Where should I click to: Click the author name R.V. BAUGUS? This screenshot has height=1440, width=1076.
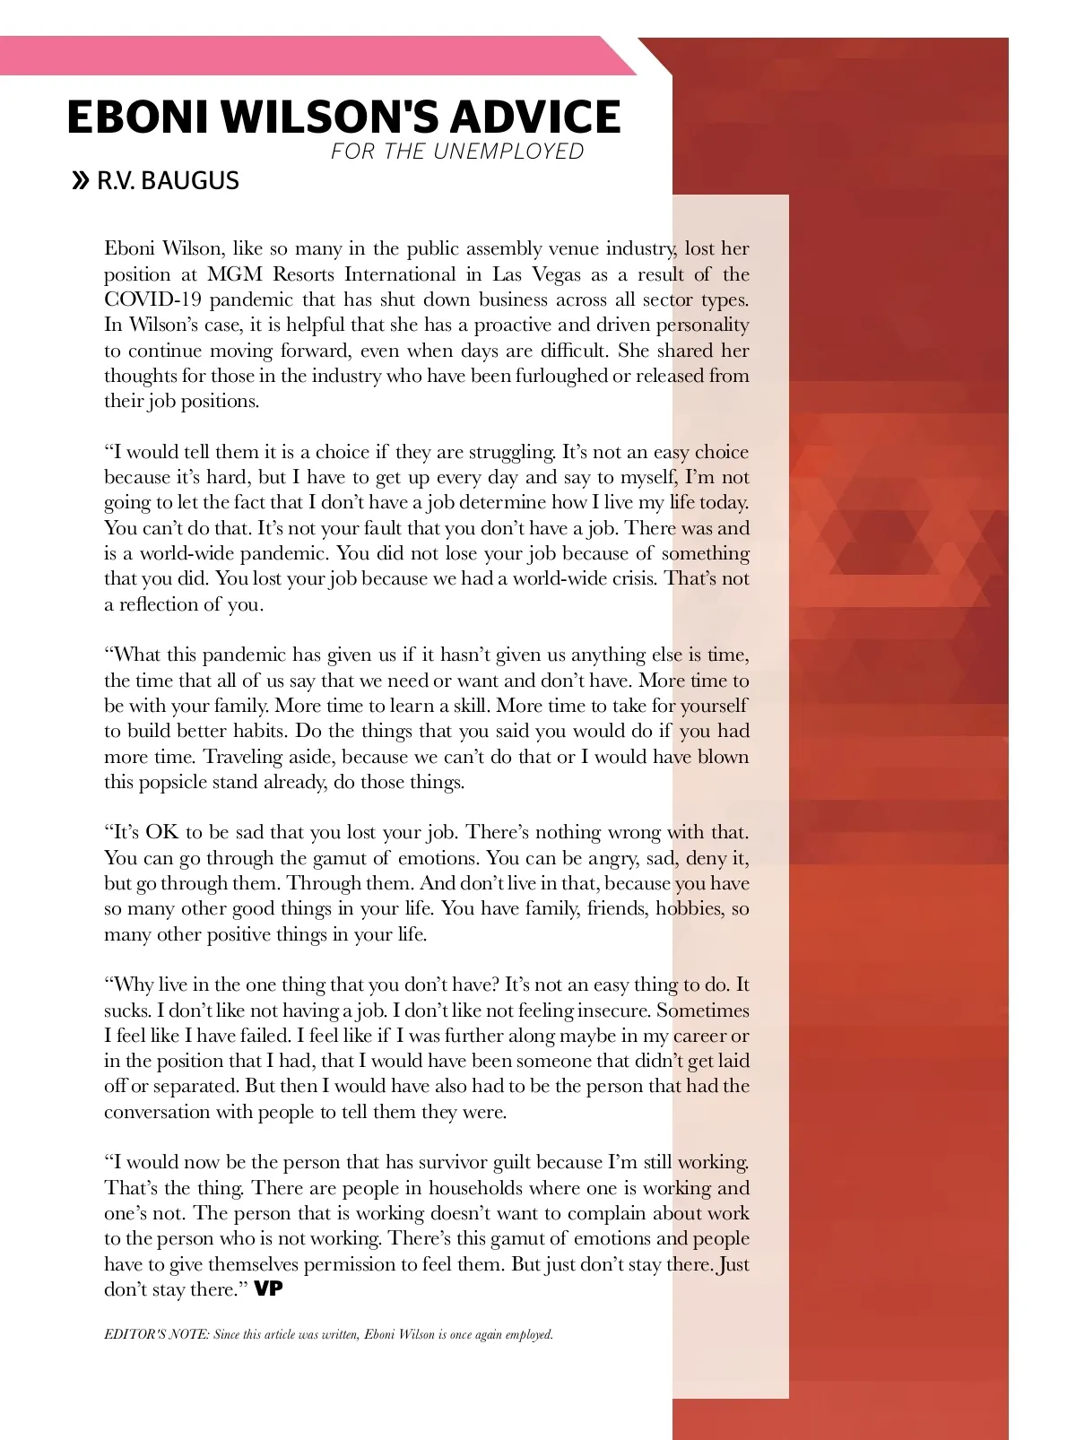168,181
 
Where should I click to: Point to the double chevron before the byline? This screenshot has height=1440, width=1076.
81,181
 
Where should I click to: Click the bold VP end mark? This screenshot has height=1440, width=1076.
269,1289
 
